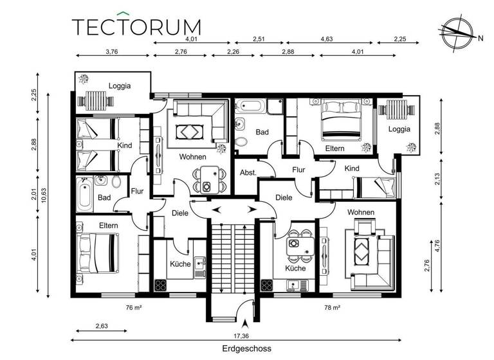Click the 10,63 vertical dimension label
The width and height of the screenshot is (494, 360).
44,194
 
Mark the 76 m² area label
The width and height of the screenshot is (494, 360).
133,308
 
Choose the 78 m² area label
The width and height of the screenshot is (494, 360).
333,308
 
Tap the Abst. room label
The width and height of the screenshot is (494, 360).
248,173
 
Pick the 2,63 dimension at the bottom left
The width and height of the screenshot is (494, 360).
102,327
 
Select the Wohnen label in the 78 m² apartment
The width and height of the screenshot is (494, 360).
360,212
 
